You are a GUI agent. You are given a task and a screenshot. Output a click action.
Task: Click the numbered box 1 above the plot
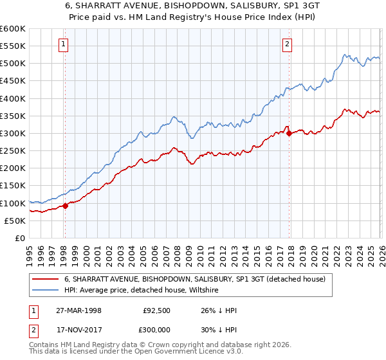pos(64,44)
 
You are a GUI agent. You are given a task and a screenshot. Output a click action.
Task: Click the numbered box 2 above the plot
pos(287,44)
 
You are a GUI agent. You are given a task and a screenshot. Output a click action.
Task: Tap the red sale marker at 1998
pos(65,206)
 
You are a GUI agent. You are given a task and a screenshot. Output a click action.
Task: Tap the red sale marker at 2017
pos(289,134)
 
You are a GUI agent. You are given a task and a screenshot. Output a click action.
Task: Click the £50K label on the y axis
pos(15,221)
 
